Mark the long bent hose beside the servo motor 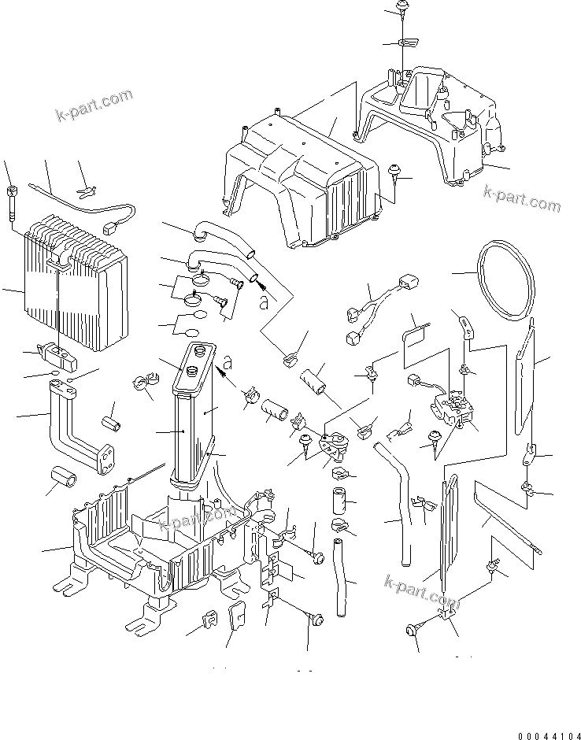(398, 504)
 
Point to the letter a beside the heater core (227, 363)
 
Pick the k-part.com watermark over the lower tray (197, 519)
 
